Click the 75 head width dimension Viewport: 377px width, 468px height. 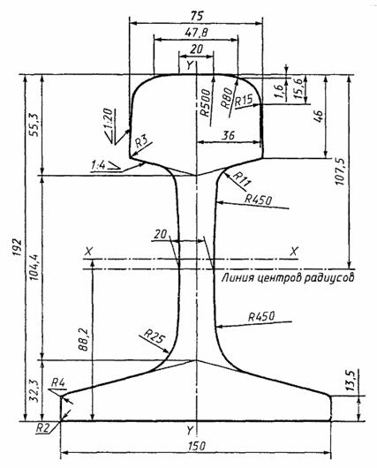point(196,16)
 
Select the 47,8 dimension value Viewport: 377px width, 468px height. point(196,33)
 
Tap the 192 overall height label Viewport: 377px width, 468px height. point(17,247)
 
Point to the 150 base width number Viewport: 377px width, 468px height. point(197,447)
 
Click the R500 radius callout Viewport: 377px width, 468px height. point(206,103)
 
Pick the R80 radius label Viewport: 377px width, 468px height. point(227,98)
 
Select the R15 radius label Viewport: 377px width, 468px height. point(244,100)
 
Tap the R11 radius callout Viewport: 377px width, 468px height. point(242,178)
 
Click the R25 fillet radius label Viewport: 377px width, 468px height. point(155,336)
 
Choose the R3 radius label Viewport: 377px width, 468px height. point(141,141)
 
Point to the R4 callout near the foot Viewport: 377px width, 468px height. point(58,382)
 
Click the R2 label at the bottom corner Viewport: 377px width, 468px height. point(42,428)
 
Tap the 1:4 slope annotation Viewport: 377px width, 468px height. point(99,165)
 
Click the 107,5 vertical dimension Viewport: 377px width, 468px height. point(340,172)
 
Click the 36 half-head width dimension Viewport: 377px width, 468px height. point(229,135)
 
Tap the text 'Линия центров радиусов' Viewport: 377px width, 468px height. point(288,277)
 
